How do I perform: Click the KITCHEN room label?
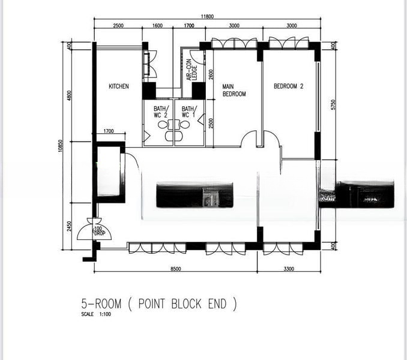click(118, 86)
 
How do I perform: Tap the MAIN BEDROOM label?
click(234, 90)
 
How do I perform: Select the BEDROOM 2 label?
click(288, 86)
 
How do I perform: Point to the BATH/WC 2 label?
click(161, 112)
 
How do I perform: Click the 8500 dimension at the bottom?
click(175, 269)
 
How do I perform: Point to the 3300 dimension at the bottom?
click(289, 269)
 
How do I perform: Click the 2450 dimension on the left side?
click(70, 226)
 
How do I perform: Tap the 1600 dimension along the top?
click(157, 26)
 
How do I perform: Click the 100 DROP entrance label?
click(98, 230)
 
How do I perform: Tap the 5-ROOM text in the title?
click(101, 304)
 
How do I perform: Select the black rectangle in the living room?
click(194, 195)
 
